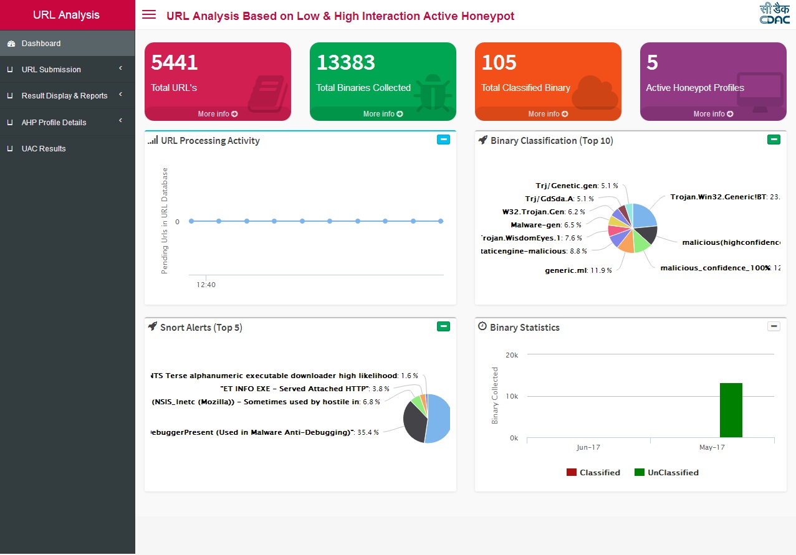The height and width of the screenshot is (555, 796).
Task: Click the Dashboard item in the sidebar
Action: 41,44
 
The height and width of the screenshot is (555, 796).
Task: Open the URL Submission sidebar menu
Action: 51,70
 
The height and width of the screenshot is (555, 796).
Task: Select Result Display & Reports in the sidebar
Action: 64,96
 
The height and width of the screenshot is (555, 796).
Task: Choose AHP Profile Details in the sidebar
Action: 54,123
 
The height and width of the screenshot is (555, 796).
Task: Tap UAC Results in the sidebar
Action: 44,149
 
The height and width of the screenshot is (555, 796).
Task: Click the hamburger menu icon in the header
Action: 149,14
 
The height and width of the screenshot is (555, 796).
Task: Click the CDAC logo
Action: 775,14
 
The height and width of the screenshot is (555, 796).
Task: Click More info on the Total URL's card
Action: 218,114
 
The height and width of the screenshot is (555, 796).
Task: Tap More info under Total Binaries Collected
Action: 383,114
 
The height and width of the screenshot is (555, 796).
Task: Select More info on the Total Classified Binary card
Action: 548,114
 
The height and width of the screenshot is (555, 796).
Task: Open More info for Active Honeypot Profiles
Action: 713,114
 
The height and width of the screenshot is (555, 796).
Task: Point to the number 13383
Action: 346,63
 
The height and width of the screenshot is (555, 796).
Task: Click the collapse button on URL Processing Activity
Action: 443,140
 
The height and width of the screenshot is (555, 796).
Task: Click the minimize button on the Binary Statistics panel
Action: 774,326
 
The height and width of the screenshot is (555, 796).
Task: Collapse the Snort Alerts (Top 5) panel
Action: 443,326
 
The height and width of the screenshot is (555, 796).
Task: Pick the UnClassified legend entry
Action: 666,473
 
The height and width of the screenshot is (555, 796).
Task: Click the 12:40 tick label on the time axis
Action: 206,285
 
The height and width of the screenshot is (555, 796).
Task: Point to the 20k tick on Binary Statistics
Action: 511,355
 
